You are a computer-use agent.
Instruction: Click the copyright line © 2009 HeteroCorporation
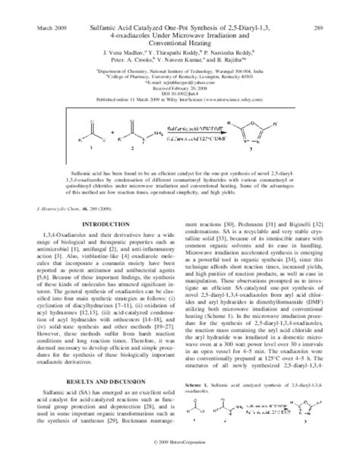[x=180, y=462]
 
